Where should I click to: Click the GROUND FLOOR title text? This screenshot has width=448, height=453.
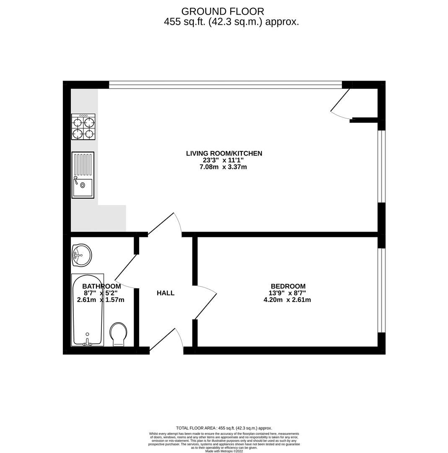click(223, 11)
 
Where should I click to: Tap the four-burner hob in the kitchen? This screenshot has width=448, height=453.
click(83, 127)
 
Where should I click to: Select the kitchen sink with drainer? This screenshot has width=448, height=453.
click(83, 175)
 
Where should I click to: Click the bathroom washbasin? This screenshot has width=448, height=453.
click(81, 255)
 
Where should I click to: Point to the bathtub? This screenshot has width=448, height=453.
click(88, 310)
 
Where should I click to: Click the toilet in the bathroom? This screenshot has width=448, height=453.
click(119, 334)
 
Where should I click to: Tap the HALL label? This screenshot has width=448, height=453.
click(166, 293)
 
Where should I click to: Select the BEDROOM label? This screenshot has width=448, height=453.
click(288, 286)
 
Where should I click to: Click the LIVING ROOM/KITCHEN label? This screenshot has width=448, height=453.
click(224, 154)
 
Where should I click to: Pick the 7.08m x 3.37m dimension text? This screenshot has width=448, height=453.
click(223, 167)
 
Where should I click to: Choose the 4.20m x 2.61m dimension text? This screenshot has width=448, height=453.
click(287, 300)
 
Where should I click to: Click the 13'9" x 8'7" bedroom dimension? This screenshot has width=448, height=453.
click(287, 293)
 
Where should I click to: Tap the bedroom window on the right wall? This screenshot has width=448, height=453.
click(381, 290)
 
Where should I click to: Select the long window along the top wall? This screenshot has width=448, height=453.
click(225, 85)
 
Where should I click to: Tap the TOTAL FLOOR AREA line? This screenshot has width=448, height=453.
click(224, 428)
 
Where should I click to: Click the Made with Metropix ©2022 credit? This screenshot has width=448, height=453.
click(224, 451)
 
